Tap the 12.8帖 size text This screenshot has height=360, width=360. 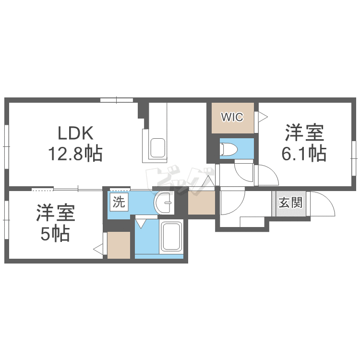(x=74, y=154)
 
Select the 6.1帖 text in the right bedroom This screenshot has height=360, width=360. (x=305, y=154)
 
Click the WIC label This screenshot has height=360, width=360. (x=232, y=117)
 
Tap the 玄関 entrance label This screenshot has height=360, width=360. (x=290, y=203)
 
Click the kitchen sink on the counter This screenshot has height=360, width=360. (x=157, y=148)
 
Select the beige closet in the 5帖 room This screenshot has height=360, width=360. (x=119, y=245)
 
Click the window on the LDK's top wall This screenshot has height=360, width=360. (x=117, y=100)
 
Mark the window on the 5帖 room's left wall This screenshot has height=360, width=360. (x=7, y=219)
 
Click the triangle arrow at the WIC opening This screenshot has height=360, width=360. (x=262, y=116)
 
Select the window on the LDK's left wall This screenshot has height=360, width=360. (x=7, y=142)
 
